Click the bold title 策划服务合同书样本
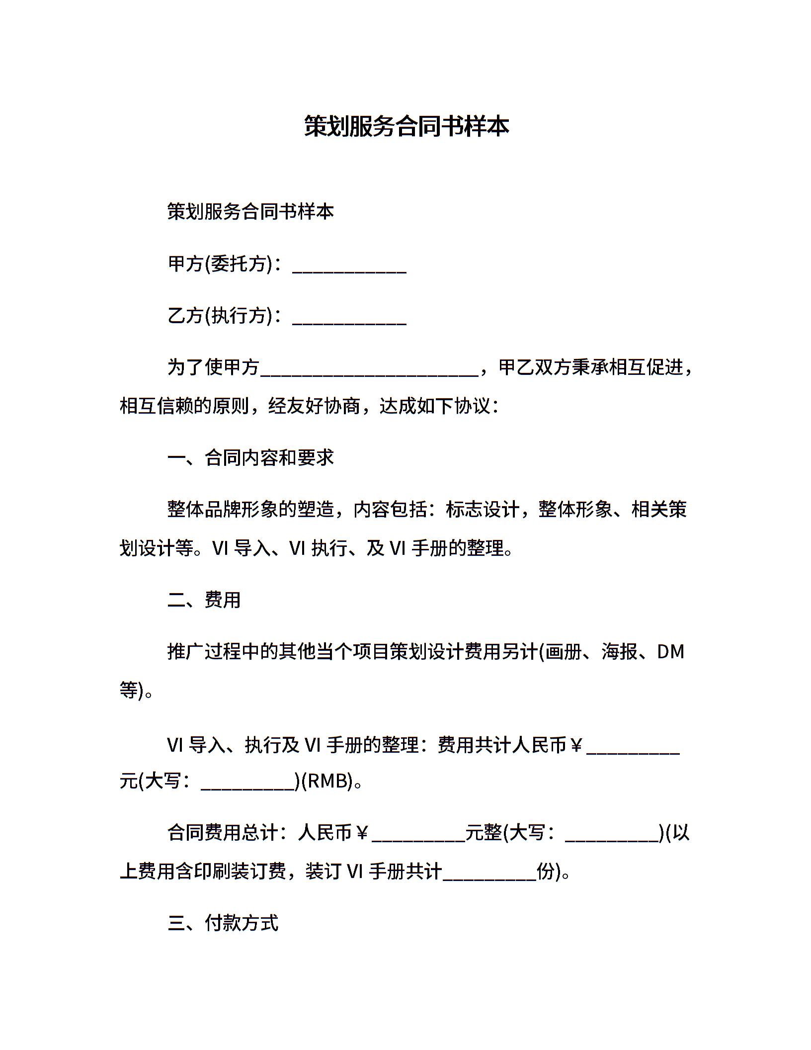point(406,126)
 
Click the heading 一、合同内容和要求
point(250,458)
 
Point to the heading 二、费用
point(204,600)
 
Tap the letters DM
point(670,651)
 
